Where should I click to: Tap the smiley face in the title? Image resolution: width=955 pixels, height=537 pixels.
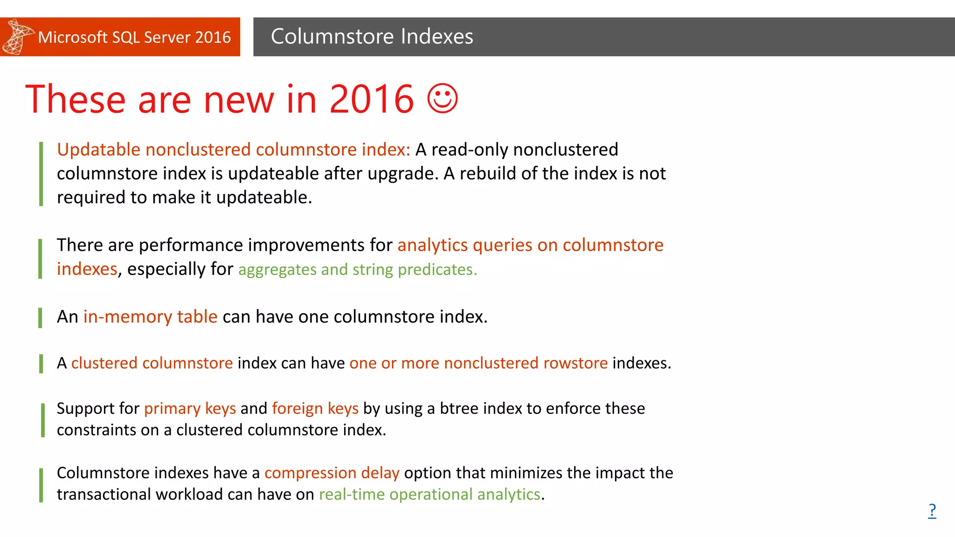pos(443,98)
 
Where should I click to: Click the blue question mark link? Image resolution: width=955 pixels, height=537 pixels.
pos(932,511)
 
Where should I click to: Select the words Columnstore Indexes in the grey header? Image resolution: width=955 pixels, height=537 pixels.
pos(372,36)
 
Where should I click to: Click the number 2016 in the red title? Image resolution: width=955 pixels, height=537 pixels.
pos(372,99)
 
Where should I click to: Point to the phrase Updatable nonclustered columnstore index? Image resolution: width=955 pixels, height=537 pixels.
pos(233,150)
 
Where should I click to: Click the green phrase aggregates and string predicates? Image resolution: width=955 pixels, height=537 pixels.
pos(357,269)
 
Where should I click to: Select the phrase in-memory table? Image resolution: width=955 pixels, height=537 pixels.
pos(150,317)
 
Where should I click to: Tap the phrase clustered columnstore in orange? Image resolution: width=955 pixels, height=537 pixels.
pos(152,363)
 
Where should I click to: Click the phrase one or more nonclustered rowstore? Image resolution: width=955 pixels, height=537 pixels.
pos(478,363)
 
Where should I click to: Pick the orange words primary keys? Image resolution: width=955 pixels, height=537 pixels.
pos(190,408)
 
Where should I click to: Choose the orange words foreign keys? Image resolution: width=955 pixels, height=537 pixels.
pos(315,408)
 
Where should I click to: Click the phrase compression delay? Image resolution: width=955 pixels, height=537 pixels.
pos(332,473)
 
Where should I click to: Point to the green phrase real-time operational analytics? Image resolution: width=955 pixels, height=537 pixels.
pos(429,495)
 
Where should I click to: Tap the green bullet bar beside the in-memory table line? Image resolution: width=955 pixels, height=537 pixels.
pos(41,317)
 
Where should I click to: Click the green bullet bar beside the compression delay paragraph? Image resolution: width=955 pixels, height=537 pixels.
pos(41,485)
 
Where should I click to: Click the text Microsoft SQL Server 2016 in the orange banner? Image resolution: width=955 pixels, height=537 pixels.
pos(134,37)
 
